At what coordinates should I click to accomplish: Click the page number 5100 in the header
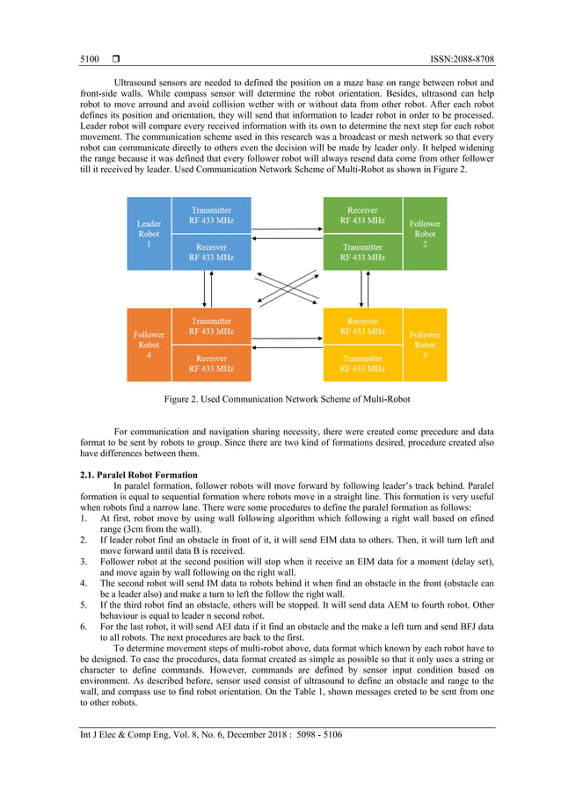click(88, 59)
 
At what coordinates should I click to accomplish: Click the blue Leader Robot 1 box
click(148, 234)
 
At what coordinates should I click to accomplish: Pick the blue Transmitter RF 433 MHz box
click(211, 215)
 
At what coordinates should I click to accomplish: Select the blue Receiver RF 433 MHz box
click(211, 252)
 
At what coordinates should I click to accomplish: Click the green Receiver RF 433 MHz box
click(362, 215)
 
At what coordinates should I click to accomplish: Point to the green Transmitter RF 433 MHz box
click(362, 252)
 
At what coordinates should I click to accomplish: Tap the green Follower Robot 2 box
click(425, 234)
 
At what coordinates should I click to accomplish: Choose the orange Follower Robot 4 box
click(148, 345)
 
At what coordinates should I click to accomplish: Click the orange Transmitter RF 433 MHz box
click(211, 326)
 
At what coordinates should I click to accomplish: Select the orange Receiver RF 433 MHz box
click(211, 363)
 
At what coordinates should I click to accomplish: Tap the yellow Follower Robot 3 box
click(425, 345)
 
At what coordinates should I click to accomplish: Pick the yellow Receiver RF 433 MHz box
click(362, 326)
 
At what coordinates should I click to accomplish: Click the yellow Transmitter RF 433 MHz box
click(362, 363)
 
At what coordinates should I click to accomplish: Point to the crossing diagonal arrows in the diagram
click(287, 287)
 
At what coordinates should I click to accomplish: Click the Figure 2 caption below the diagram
click(287, 399)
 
